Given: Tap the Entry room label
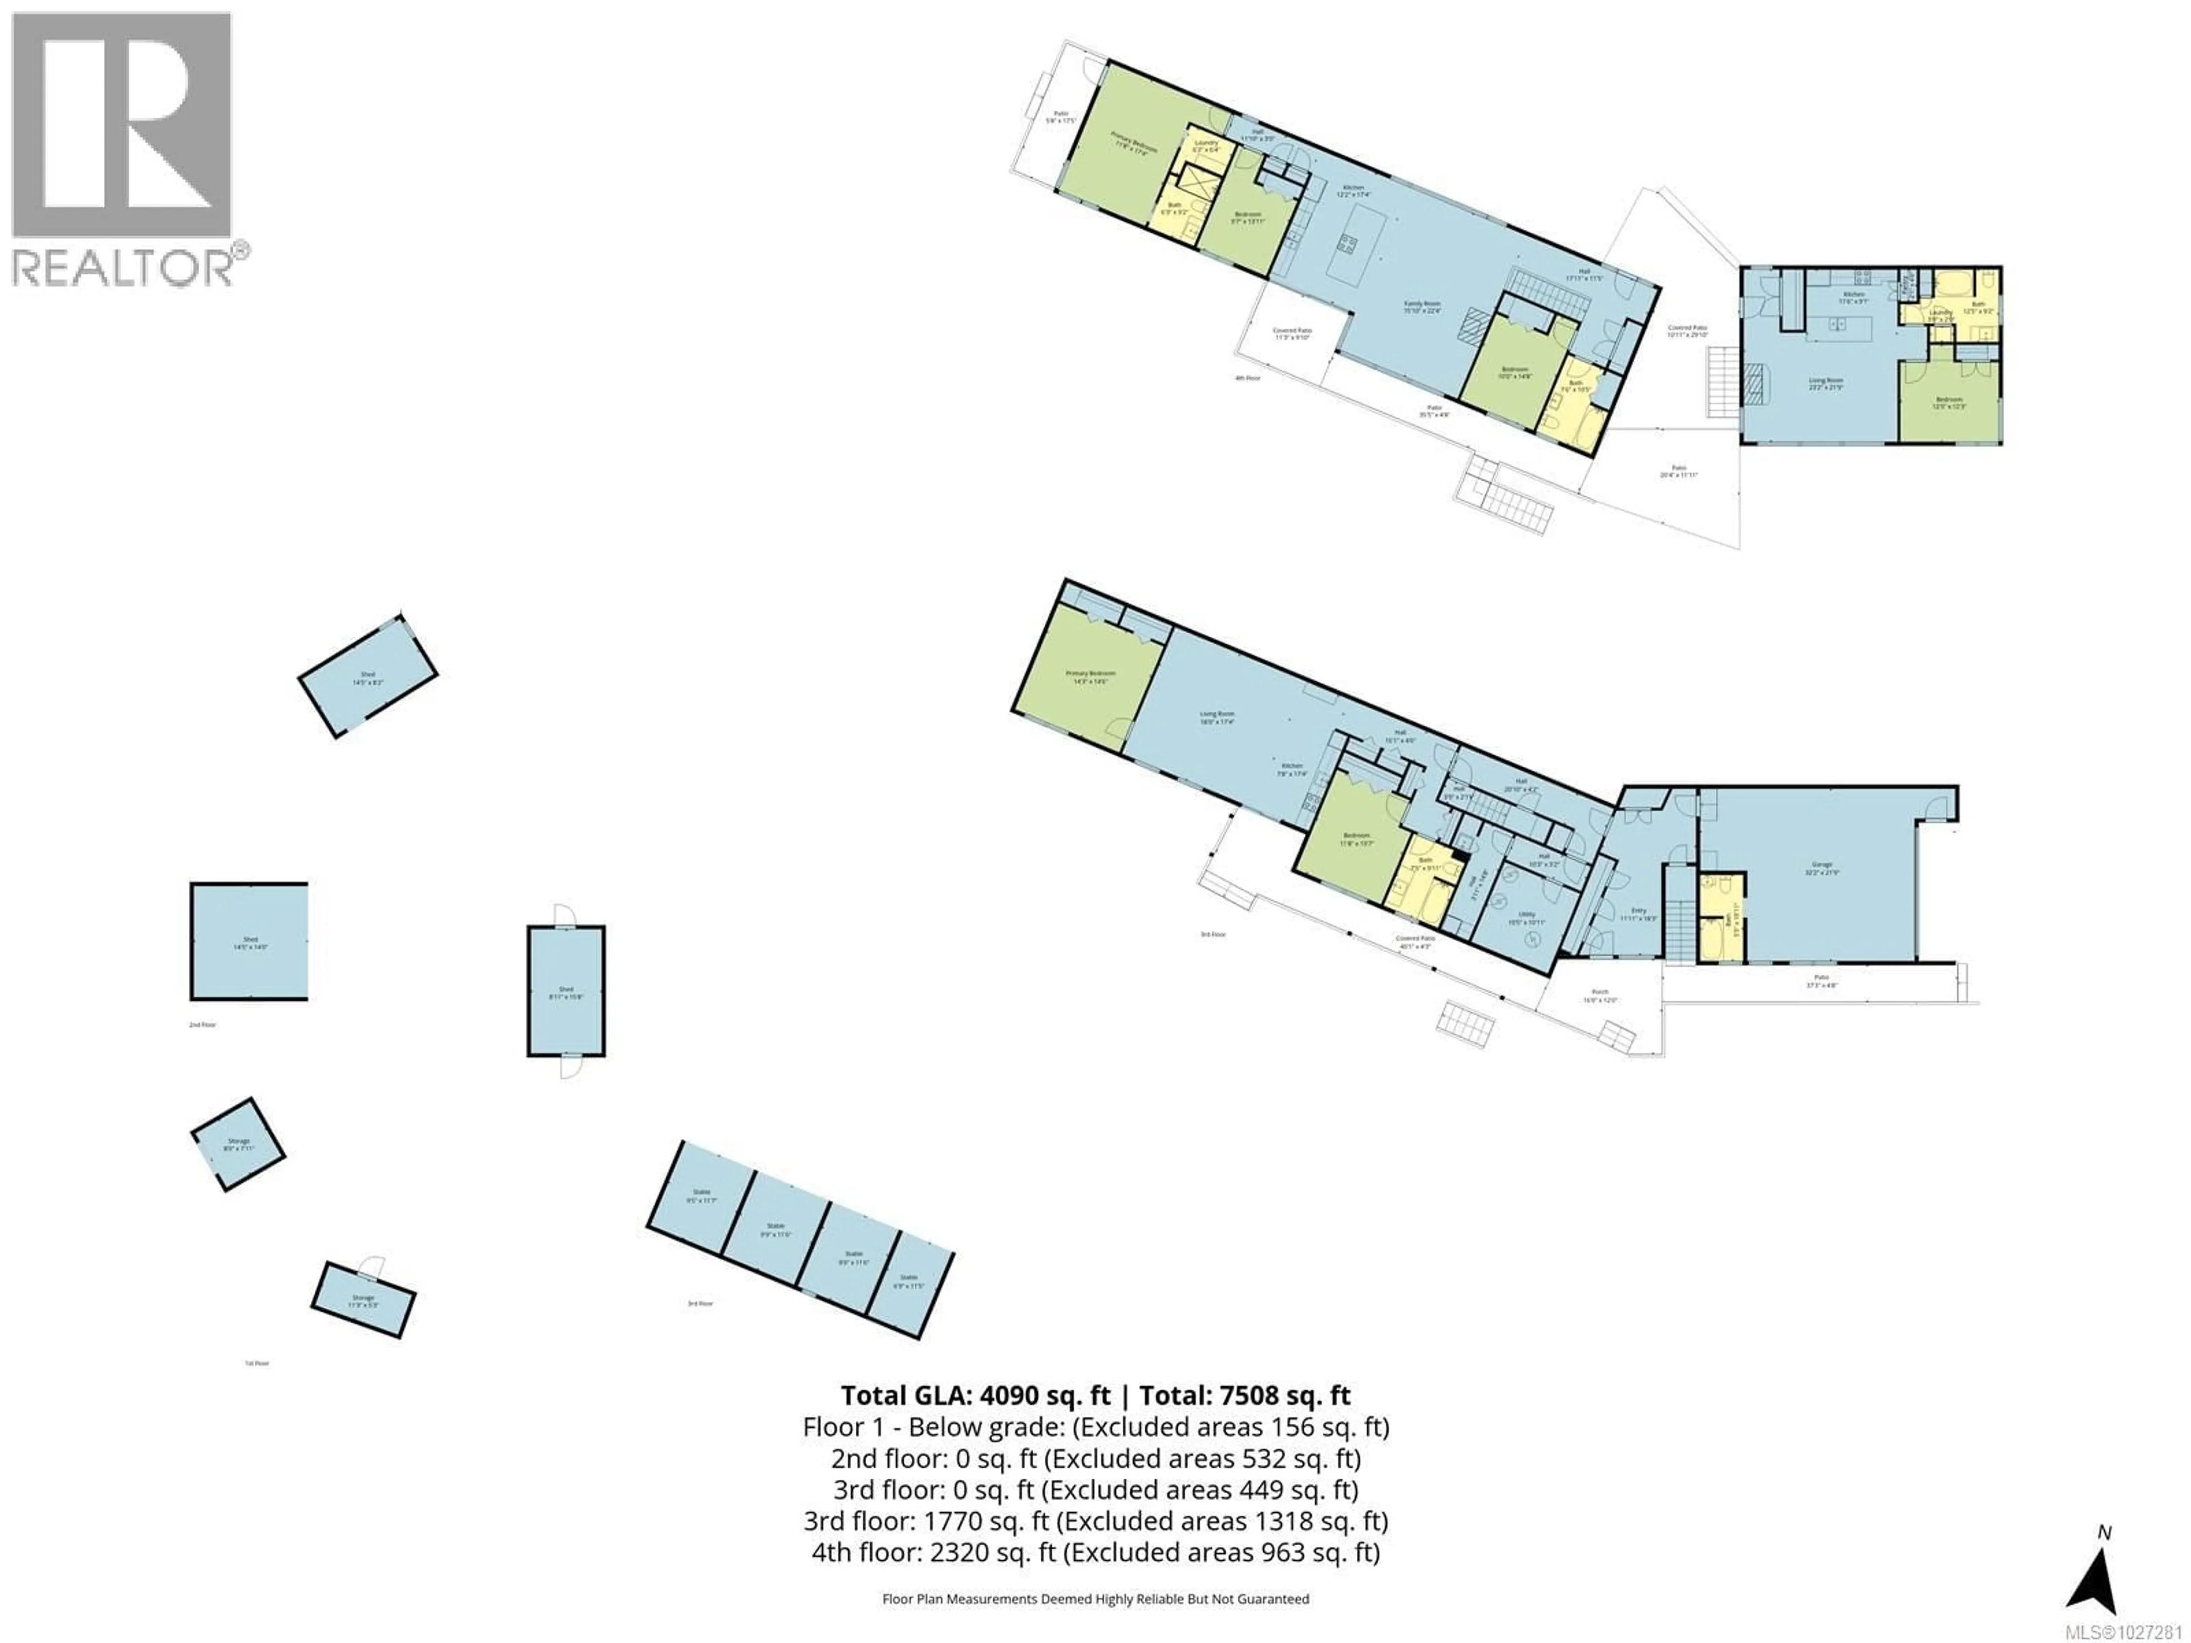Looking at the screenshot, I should (1638, 913).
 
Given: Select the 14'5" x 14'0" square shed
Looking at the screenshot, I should (249, 942).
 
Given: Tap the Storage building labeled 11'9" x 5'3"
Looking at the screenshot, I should (362, 1300).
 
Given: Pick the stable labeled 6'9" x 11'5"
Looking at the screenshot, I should (908, 1281).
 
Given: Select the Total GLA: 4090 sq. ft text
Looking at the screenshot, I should (976, 1395).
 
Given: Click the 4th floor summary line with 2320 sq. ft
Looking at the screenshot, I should (1095, 1552).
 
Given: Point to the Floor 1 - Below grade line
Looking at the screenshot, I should (1095, 1427).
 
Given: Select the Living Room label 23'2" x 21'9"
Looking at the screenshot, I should (1825, 383).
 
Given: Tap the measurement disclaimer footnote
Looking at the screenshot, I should (1095, 1599).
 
